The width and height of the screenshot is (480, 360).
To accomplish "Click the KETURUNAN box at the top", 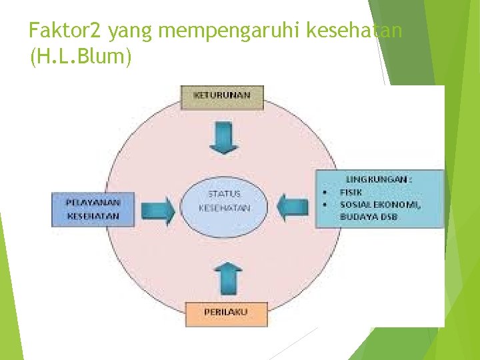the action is pyautogui.click(x=223, y=97).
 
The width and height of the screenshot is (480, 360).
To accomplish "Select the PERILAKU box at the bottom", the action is pyautogui.click(x=225, y=313).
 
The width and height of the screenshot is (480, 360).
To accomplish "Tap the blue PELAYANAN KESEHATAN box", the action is pyautogui.click(x=93, y=209).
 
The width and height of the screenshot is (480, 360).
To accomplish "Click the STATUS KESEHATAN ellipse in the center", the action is pyautogui.click(x=225, y=201).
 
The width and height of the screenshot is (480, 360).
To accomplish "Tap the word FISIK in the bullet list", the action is pyautogui.click(x=351, y=192).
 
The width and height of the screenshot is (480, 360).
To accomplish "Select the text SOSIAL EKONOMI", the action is pyautogui.click(x=381, y=205).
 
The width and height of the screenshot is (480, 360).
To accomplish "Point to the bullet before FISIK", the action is pyautogui.click(x=323, y=192).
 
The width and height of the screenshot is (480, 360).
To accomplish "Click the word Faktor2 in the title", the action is pyautogui.click(x=66, y=31).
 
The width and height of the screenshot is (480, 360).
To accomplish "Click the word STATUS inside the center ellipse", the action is pyautogui.click(x=225, y=194).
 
